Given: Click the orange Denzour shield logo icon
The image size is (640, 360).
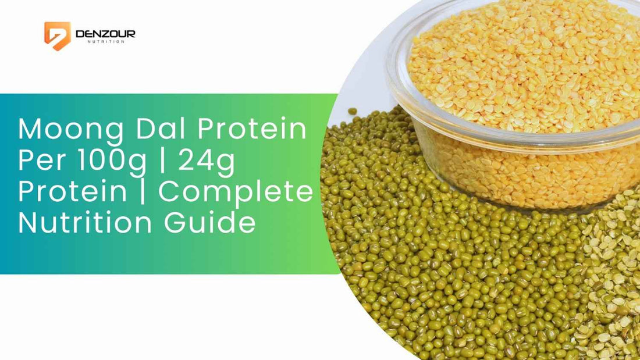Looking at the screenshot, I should click(57, 35).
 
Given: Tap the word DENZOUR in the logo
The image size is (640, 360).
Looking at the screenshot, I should click(105, 34).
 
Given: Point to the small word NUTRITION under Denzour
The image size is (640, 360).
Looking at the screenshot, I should click(105, 42).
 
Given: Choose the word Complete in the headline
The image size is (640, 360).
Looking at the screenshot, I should click(236, 193).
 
